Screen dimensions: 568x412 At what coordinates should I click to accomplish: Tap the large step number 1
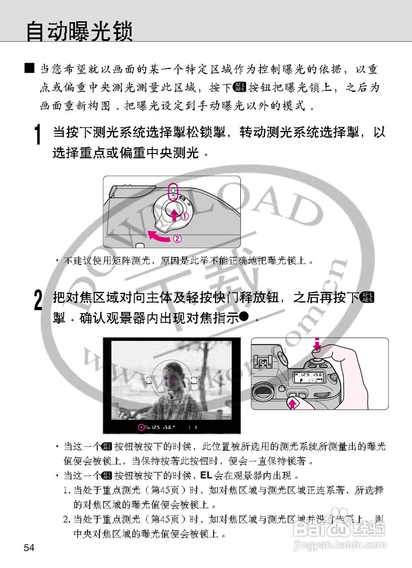coord(39,134)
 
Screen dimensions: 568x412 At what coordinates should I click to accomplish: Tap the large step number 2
coord(39,300)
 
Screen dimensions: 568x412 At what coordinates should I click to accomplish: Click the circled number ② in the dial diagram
coord(177,238)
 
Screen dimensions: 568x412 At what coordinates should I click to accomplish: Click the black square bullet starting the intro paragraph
coord(30,68)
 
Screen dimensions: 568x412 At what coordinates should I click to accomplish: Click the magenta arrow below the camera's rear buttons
coord(292,403)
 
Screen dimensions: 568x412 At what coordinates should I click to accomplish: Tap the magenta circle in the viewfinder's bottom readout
coord(142,428)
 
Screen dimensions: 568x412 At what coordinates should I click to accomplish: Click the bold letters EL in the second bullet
coord(206,475)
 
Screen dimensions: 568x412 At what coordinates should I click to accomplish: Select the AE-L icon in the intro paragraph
coord(239,87)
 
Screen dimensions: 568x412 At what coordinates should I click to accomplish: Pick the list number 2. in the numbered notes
coord(67,518)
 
